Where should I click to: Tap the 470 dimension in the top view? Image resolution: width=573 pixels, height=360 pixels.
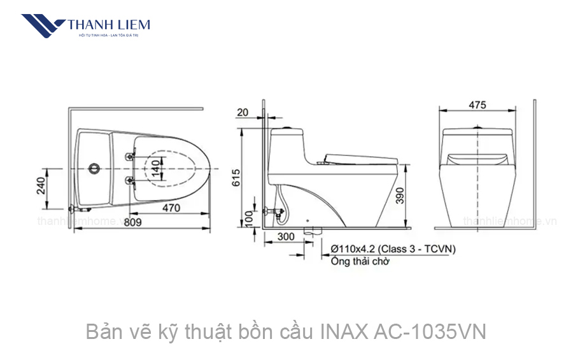tap(170, 208)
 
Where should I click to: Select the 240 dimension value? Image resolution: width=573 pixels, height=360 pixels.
tap(40, 185)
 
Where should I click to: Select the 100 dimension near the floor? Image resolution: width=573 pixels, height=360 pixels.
tap(249, 219)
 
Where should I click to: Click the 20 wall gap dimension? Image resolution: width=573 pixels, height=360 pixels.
tap(243, 113)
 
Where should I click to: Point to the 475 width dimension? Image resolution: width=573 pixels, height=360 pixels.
tap(477, 104)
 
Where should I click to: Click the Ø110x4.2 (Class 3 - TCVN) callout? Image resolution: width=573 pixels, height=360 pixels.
tap(393, 249)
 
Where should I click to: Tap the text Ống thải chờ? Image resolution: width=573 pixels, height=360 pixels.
tap(360, 261)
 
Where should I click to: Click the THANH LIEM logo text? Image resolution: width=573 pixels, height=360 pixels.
tap(109, 24)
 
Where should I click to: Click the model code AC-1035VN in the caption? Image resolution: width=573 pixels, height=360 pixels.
tap(432, 332)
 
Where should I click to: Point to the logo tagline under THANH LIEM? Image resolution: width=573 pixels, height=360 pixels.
tap(109, 36)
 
